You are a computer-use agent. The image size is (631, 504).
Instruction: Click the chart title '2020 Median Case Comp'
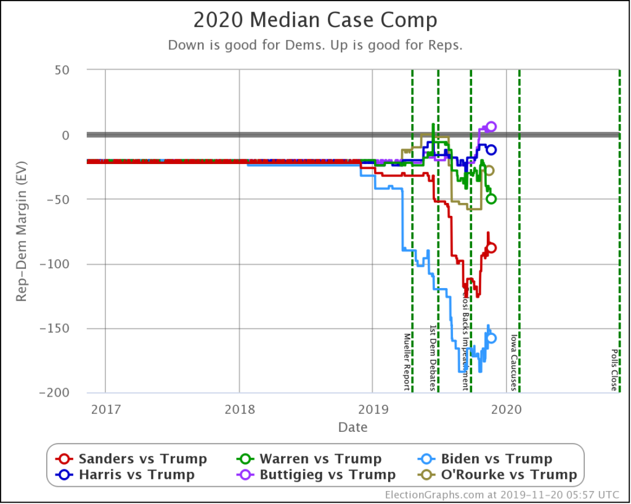click(x=315, y=20)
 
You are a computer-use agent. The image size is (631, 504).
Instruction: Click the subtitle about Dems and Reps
click(x=315, y=45)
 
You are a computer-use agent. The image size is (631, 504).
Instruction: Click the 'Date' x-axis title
click(x=352, y=427)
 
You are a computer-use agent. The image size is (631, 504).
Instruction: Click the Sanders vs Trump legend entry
click(x=132, y=459)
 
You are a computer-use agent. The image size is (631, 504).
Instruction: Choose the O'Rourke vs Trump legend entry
click(x=499, y=474)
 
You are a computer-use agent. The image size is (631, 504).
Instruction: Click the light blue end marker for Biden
click(x=491, y=338)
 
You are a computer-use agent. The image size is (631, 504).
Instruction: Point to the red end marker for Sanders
click(x=491, y=248)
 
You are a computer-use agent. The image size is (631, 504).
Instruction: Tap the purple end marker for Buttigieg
click(x=491, y=127)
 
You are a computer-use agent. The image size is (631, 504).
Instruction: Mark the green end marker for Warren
click(x=491, y=199)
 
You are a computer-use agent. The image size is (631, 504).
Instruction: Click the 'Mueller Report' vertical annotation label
click(x=407, y=361)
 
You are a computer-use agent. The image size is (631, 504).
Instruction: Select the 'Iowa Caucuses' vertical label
click(x=513, y=363)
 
